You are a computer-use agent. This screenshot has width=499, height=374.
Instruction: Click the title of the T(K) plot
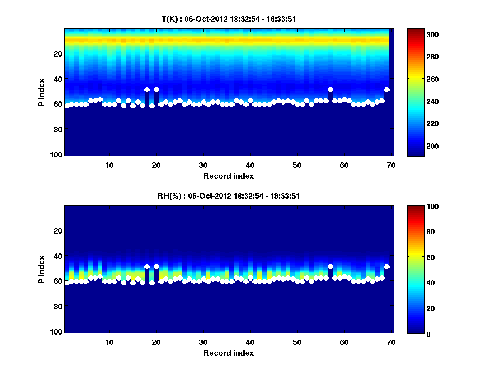point(229,19)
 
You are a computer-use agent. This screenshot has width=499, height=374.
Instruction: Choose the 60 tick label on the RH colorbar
point(419,258)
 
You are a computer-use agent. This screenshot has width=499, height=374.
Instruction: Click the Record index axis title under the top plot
point(228,176)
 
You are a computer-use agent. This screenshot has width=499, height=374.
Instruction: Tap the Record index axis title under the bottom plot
point(228,353)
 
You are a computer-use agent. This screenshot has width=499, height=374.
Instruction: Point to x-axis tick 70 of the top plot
point(391,165)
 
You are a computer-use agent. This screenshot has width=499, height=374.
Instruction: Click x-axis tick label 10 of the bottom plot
point(109,342)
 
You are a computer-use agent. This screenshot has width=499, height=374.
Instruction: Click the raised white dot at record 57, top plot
point(330,89)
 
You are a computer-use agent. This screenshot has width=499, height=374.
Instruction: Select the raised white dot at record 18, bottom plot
point(147,266)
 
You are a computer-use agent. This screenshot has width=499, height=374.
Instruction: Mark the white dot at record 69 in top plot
point(387,89)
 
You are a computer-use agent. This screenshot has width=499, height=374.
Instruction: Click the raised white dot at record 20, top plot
point(156,89)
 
